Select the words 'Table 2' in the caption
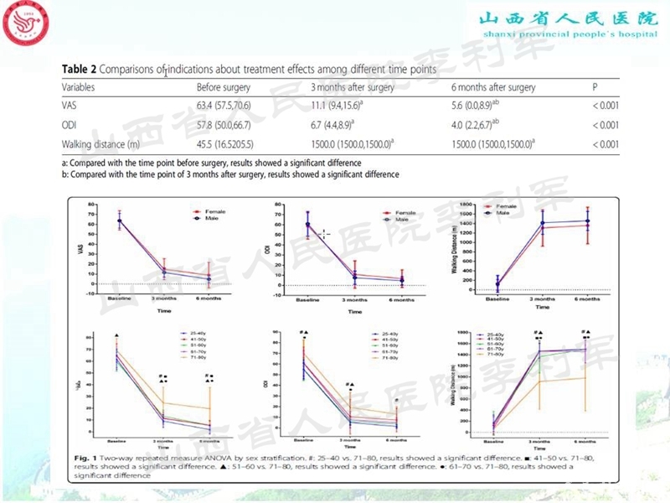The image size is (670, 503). (81, 70)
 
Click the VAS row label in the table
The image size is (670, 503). (70, 106)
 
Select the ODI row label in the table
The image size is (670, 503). (70, 126)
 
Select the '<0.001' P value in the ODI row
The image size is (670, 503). (605, 126)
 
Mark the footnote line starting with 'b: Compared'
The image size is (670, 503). (229, 174)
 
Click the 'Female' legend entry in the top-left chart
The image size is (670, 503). (205, 212)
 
